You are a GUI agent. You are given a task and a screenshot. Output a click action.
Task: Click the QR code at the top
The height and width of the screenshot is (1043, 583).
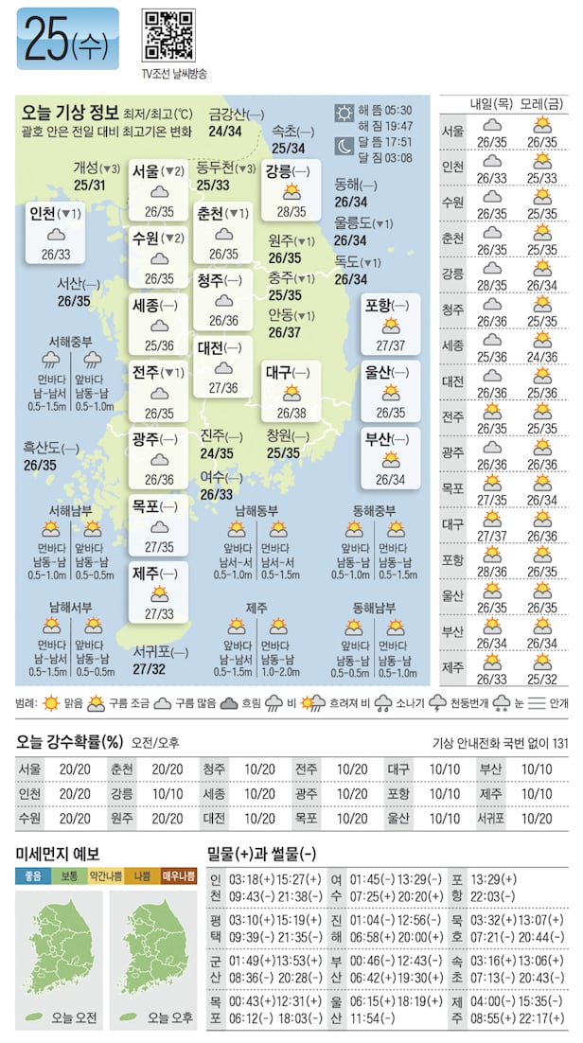pos(168,36)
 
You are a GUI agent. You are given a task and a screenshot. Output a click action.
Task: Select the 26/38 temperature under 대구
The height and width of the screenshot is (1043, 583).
pos(291,413)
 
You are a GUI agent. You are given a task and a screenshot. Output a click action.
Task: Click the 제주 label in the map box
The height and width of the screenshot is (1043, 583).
pos(146,574)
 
